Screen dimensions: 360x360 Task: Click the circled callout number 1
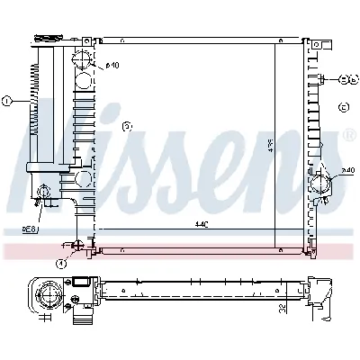6,101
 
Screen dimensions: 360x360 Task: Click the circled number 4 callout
60,263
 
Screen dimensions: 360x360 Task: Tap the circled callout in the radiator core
127,127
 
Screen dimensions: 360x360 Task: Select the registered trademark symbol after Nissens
350,137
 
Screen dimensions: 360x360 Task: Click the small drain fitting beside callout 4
79,246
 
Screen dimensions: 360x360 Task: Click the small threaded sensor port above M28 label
42,191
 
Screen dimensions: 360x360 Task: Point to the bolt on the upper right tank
320,79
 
